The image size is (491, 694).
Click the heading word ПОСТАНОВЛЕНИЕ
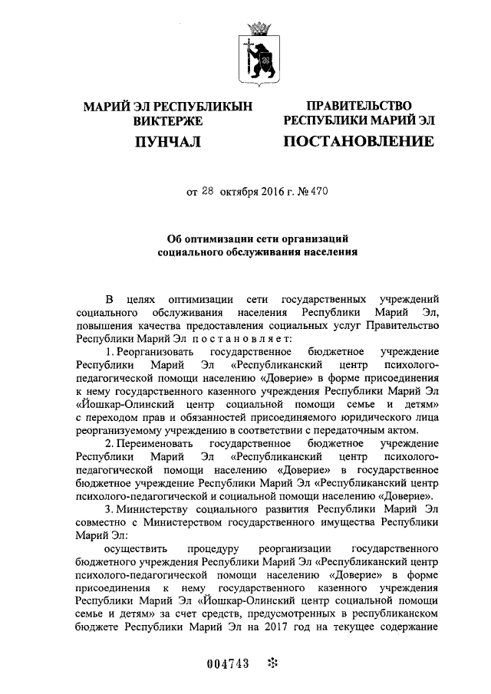(358, 141)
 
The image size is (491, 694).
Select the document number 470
(318, 193)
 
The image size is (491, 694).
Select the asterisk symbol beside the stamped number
(270, 663)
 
